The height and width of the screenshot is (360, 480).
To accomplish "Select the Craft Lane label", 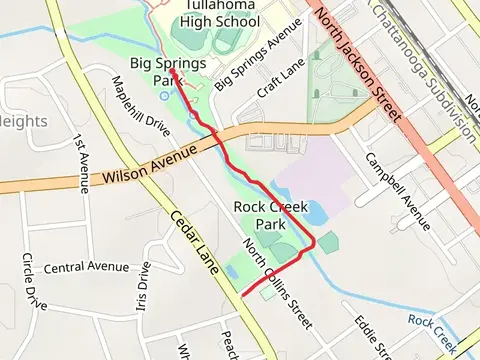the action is (280, 76).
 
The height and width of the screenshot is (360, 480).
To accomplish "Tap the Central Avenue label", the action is (86, 267).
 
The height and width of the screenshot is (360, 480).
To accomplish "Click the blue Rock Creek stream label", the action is (433, 327).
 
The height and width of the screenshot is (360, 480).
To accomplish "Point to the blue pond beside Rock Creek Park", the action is (311, 213).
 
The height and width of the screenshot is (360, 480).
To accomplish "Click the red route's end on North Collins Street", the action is (242, 295).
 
